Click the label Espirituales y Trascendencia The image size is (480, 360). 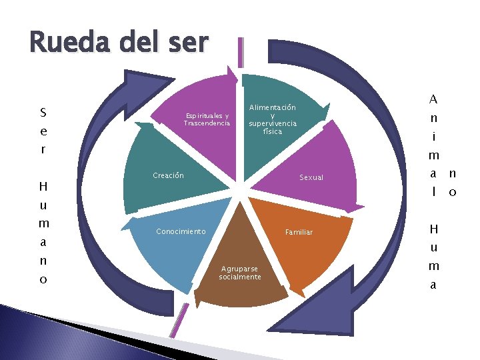coord(207,119)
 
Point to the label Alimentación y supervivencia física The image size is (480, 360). coord(273,119)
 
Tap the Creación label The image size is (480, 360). coord(168,175)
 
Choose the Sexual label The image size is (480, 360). coord(311,178)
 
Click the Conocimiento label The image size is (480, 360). coord(181,231)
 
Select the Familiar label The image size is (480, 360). coord(299,233)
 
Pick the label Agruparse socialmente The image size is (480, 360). coord(240,273)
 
